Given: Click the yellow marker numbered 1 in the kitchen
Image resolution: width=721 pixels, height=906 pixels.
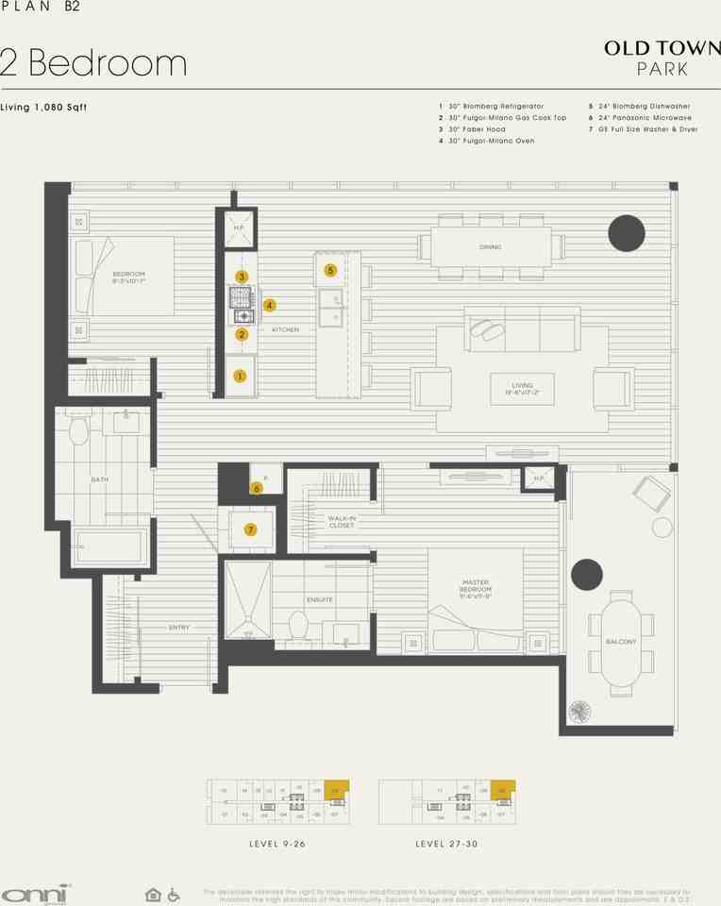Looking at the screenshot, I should [x=240, y=376].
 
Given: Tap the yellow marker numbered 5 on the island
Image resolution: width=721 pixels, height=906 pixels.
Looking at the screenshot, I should [x=330, y=270].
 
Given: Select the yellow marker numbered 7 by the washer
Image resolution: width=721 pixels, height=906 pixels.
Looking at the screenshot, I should [x=250, y=529].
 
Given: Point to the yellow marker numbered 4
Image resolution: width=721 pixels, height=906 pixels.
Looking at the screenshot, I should [x=270, y=305].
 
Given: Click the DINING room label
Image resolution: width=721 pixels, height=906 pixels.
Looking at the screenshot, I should [x=490, y=247].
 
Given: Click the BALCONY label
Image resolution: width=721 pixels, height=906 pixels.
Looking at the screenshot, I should [x=621, y=642].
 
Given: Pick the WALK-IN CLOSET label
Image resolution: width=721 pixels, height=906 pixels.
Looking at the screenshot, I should [x=341, y=522].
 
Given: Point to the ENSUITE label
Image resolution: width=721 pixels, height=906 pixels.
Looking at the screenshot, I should [x=318, y=599].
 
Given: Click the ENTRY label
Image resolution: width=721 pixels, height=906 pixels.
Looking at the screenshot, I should [x=179, y=627].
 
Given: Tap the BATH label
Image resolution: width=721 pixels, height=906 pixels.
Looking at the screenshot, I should [x=99, y=479].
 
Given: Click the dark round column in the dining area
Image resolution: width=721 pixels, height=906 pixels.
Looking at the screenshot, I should [x=626, y=232].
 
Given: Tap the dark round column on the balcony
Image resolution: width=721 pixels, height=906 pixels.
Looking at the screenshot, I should [x=586, y=575].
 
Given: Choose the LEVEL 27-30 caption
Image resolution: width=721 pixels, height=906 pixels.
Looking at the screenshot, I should [x=446, y=843].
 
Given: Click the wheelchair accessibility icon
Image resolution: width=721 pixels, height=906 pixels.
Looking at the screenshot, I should [x=174, y=894].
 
